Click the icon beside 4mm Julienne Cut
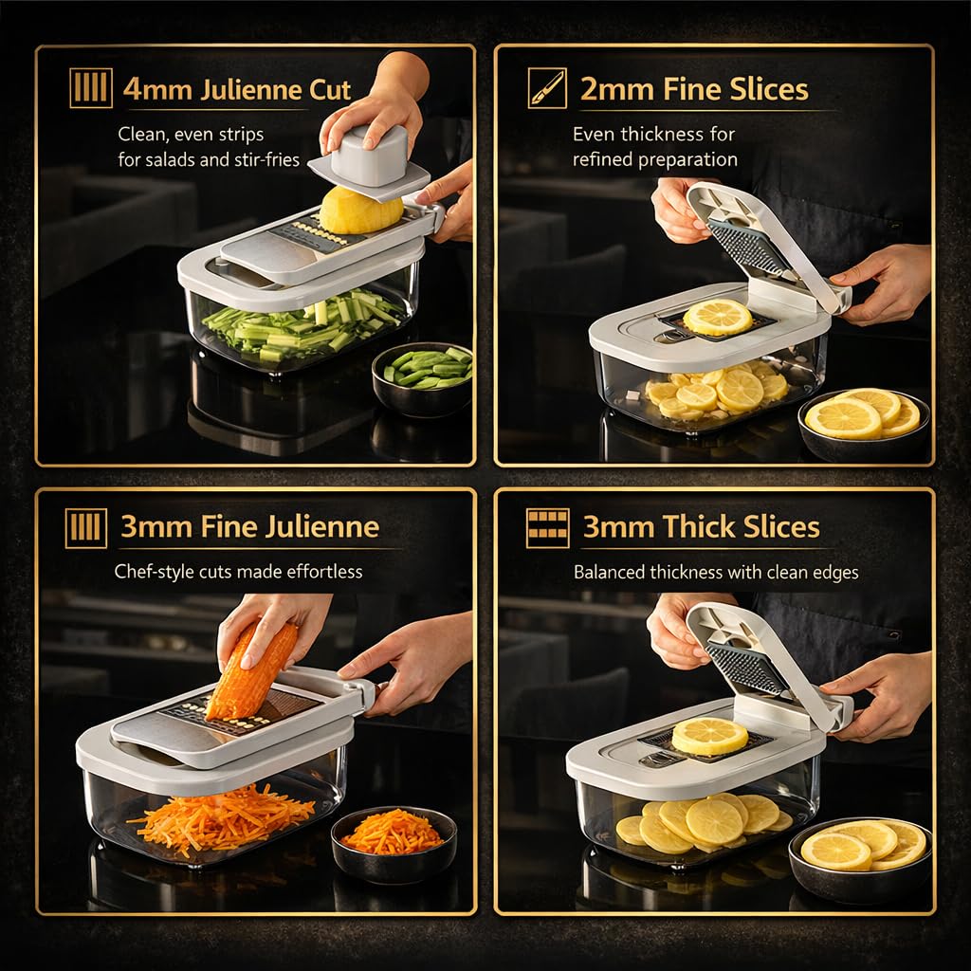[91, 88]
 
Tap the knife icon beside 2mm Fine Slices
[547, 88]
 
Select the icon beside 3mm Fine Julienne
[86, 528]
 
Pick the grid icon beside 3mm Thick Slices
[547, 528]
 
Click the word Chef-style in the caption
[155, 572]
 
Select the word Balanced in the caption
[608, 572]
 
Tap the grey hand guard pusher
[369, 157]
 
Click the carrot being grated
[251, 671]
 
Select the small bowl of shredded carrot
[394, 843]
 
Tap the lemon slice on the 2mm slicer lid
[718, 317]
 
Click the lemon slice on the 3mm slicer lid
[709, 736]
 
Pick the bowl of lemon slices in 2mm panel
[864, 424]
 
